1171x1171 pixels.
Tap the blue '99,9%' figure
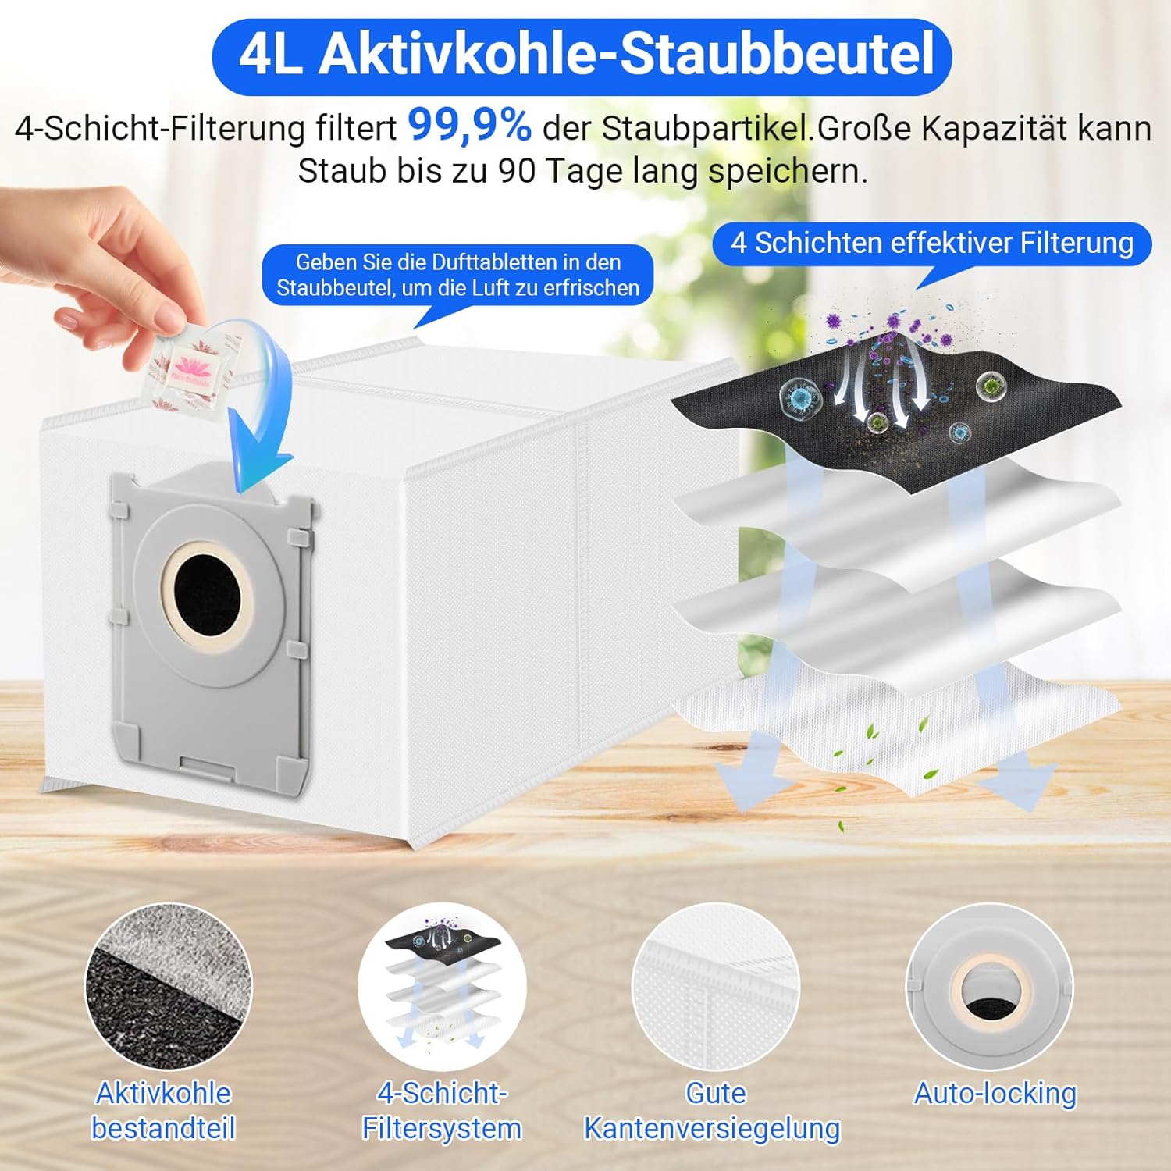(469, 125)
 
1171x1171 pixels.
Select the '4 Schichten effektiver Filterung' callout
(931, 244)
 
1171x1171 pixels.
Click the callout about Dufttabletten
(457, 275)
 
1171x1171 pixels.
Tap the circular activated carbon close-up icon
(168, 987)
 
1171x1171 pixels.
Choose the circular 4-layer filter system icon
(442, 987)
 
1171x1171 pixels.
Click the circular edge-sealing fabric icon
(715, 987)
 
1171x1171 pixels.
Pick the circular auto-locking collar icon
(989, 987)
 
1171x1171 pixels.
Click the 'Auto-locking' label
(995, 1094)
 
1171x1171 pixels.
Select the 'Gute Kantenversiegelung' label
(712, 1111)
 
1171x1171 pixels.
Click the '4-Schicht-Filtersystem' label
(442, 1111)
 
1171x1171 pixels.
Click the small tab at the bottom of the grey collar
(207, 767)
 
